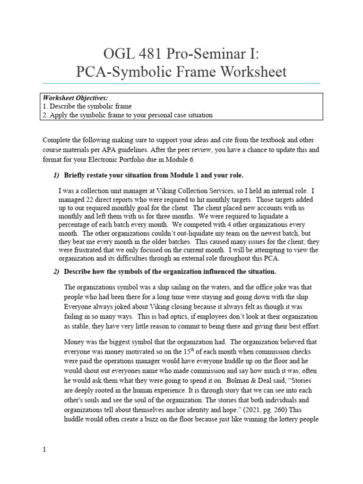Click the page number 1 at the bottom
pos(44,449)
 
